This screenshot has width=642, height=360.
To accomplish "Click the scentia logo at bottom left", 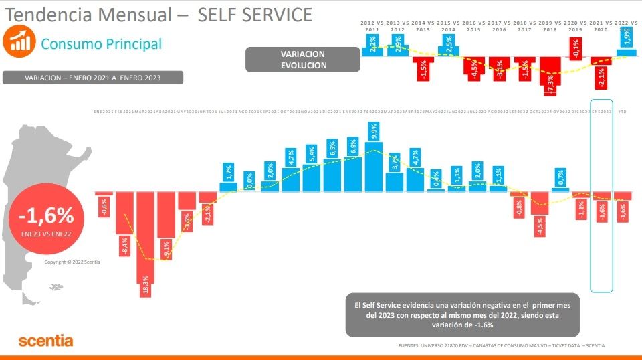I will tap(45, 341).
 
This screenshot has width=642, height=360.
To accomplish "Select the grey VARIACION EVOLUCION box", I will tap(303, 60).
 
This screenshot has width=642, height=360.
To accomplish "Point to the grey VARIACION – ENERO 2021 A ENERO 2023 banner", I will tap(93, 78).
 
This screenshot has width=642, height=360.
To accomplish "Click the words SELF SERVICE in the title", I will tap(255, 15).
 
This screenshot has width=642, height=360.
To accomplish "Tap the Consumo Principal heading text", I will tap(101, 44).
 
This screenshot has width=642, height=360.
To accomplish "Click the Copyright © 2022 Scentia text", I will tap(72, 262).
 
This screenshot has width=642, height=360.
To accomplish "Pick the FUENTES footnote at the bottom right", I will tap(502, 346).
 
